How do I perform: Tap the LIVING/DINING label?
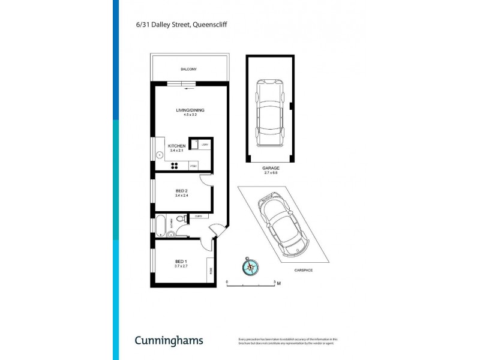click(x=187, y=110)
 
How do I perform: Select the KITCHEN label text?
click(x=176, y=146)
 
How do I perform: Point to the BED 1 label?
click(x=181, y=261)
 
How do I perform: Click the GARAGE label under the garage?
click(x=271, y=169)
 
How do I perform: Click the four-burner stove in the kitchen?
click(x=176, y=166)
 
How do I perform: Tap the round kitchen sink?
click(x=160, y=154)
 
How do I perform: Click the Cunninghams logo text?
click(x=168, y=340)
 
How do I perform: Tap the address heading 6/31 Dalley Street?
click(x=181, y=25)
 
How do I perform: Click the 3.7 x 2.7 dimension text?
click(x=181, y=266)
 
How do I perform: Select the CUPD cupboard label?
click(x=198, y=216)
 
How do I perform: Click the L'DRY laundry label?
click(x=205, y=145)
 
